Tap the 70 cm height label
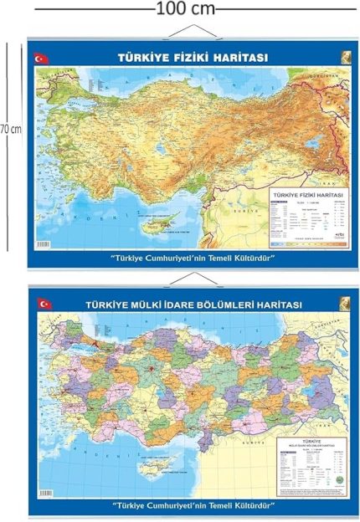tap(10, 130)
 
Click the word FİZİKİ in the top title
tap(192, 58)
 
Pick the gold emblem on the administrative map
tap(343, 303)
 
